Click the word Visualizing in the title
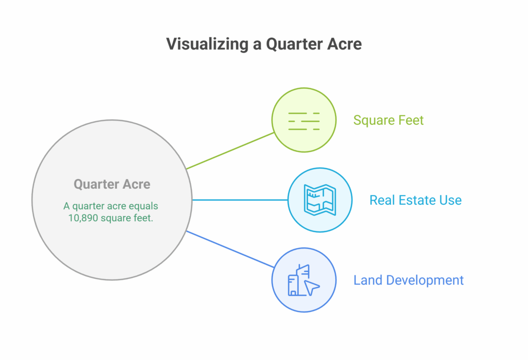click(207, 44)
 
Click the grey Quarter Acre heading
click(112, 184)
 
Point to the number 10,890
click(83, 218)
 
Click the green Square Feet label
click(388, 120)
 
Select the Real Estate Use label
click(416, 200)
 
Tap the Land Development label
click(408, 280)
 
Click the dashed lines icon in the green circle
click(304, 121)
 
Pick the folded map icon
click(320, 200)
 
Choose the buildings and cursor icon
click(304, 280)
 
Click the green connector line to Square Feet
click(230, 151)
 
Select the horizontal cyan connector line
click(240, 200)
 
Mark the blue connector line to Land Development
click(230, 249)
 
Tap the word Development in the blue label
click(425, 281)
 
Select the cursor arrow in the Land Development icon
click(311, 288)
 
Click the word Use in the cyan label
click(451, 200)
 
